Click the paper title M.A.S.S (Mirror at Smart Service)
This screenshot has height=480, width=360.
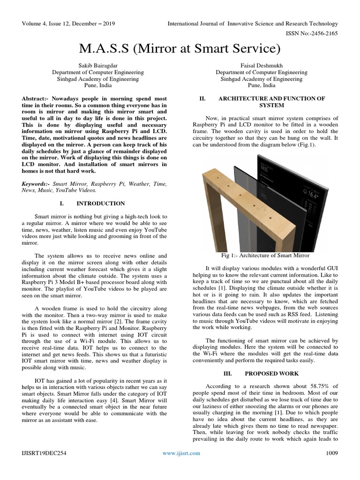coord(180,48)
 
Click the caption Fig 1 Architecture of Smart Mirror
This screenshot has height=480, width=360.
coord(265,255)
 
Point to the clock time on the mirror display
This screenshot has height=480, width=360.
coord(266,168)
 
